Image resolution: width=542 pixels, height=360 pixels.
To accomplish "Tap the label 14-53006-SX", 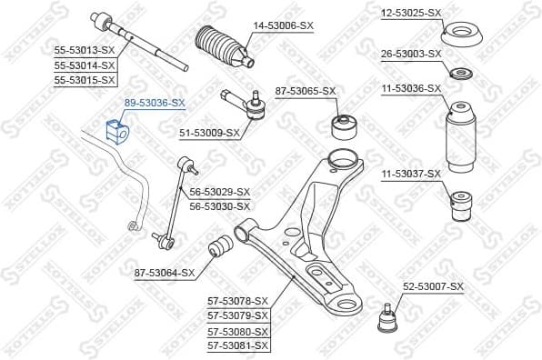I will pyautogui.click(x=283, y=25).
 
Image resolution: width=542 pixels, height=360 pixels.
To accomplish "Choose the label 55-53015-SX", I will pyautogui.click(x=84, y=80).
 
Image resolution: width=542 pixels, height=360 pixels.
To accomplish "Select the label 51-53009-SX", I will pyautogui.click(x=210, y=133).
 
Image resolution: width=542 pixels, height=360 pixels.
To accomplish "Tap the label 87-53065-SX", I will pyautogui.click(x=306, y=91).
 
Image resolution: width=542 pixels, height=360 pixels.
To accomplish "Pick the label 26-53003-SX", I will pyautogui.click(x=411, y=53).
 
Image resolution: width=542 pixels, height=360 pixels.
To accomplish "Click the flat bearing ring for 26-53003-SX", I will pyautogui.click(x=462, y=74).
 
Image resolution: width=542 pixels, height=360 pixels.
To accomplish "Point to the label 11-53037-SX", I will pyautogui.click(x=411, y=173).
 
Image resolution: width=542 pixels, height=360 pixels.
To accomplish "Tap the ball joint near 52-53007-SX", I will pyautogui.click(x=391, y=319).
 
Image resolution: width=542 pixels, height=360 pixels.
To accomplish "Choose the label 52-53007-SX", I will pyautogui.click(x=433, y=286).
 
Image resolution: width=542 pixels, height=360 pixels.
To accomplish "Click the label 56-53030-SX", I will pyautogui.click(x=218, y=206).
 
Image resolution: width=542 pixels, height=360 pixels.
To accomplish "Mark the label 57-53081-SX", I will pyautogui.click(x=238, y=345).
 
